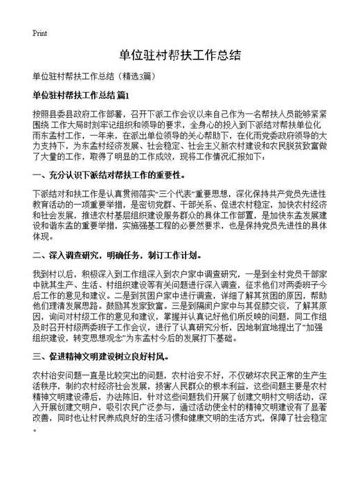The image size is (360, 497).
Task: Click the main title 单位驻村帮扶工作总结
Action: coord(179,55)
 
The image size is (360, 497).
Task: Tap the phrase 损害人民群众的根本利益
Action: coord(210,388)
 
